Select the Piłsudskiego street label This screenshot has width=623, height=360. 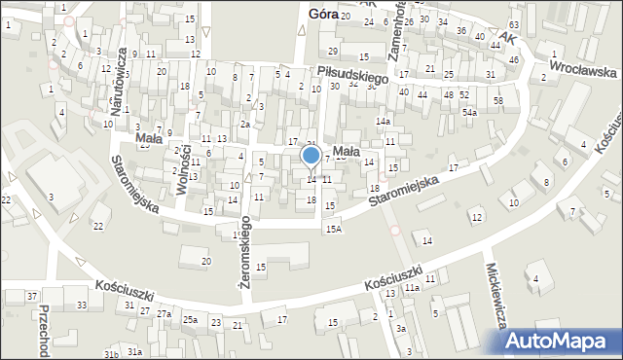click(352, 74)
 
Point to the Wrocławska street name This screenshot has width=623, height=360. click(582, 70)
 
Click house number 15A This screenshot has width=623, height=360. click(334, 229)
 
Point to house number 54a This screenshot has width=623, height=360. click(470, 113)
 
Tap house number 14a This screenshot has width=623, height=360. click(384, 121)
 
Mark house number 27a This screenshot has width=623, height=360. click(165, 314)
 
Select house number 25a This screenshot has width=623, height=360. click(190, 320)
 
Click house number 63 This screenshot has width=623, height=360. click(514, 24)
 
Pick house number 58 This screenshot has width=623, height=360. click(497, 101)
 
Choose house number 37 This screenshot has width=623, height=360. click(32, 296)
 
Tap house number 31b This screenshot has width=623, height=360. click(112, 354)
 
